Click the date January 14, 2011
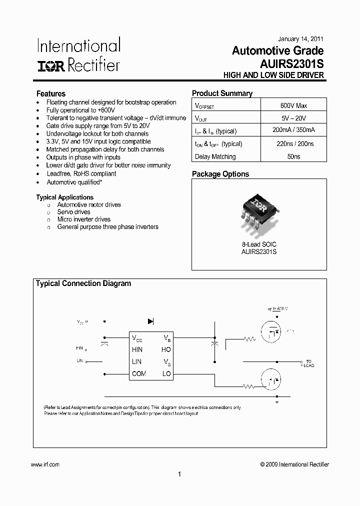300,39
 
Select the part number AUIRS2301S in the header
291,64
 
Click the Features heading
51,93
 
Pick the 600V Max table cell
293,105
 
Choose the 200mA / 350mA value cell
293,130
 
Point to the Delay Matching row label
215,156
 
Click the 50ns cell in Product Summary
293,156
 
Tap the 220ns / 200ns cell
293,143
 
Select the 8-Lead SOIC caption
259,244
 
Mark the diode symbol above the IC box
151,321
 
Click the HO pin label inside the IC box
166,350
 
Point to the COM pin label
139,373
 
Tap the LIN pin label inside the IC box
136,361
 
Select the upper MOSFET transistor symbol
271,332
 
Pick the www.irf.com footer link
45,464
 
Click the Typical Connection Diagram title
83,283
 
